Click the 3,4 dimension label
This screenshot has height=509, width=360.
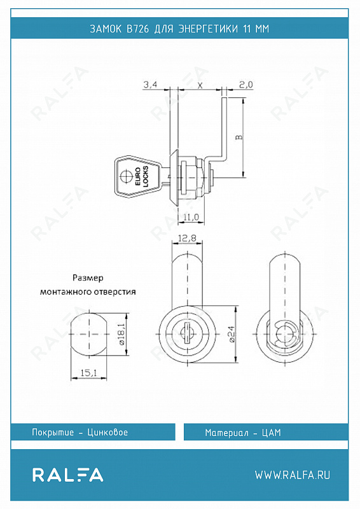(x=150, y=85)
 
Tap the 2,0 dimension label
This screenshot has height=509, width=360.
(x=246, y=85)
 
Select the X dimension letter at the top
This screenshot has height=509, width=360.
(x=200, y=85)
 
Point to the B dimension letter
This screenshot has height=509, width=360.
(x=239, y=137)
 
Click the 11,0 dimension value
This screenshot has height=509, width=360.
(x=191, y=217)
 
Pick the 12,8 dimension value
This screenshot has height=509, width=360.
(x=187, y=239)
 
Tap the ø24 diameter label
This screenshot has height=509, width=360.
(x=232, y=333)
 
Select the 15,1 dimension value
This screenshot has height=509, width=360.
(x=88, y=373)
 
